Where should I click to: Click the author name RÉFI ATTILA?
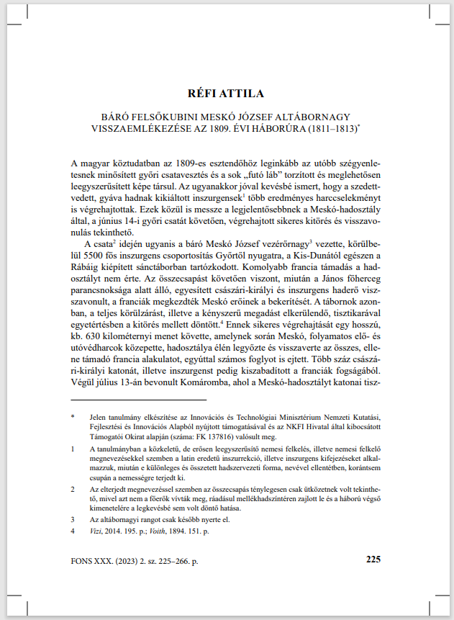coord(227,93)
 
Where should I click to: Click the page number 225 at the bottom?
coord(374,558)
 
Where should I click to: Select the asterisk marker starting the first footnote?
coord(73,416)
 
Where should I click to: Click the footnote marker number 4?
coord(73,531)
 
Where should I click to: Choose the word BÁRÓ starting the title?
coord(109,116)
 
